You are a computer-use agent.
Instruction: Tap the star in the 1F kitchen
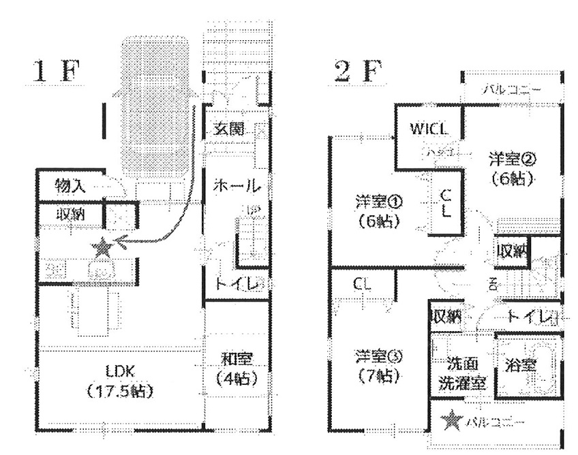point(102,248)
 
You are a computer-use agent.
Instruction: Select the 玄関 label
point(229,129)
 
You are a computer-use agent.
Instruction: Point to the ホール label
point(236,185)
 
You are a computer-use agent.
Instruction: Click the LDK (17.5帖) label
point(121,381)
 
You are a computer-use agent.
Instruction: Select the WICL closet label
point(429,129)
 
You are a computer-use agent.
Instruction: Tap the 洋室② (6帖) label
point(513,169)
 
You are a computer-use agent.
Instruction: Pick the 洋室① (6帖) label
point(378,211)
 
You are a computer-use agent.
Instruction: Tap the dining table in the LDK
point(95,310)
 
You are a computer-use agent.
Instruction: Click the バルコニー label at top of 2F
point(513,89)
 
